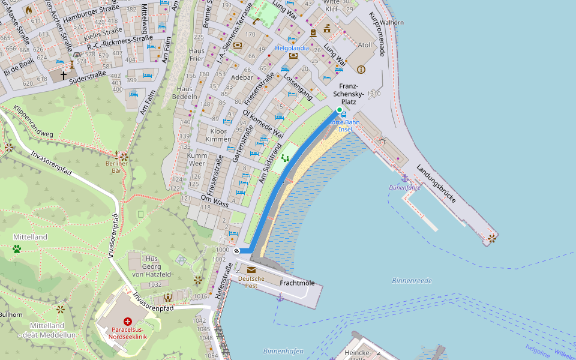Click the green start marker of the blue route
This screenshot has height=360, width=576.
pyautogui.click(x=339, y=110)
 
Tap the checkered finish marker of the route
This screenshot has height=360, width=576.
pyautogui.click(x=237, y=251)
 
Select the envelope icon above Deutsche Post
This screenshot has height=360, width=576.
pyautogui.click(x=251, y=270)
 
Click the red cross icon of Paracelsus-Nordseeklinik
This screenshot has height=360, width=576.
pyautogui.click(x=127, y=322)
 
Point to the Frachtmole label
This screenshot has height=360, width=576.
pyautogui.click(x=297, y=282)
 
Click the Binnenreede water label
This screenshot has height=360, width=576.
pyautogui.click(x=412, y=280)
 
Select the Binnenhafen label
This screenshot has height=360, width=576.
pyautogui.click(x=283, y=351)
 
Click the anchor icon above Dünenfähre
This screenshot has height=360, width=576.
pyautogui.click(x=404, y=178)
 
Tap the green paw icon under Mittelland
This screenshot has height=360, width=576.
pyautogui.click(x=17, y=248)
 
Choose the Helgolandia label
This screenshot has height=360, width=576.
pyautogui.click(x=292, y=48)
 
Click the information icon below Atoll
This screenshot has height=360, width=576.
pyautogui.click(x=361, y=70)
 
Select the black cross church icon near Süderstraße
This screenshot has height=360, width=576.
pyautogui.click(x=63, y=76)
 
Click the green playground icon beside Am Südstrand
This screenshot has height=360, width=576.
pyautogui.click(x=286, y=158)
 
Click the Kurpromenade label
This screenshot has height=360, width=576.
pyautogui.click(x=376, y=34)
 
